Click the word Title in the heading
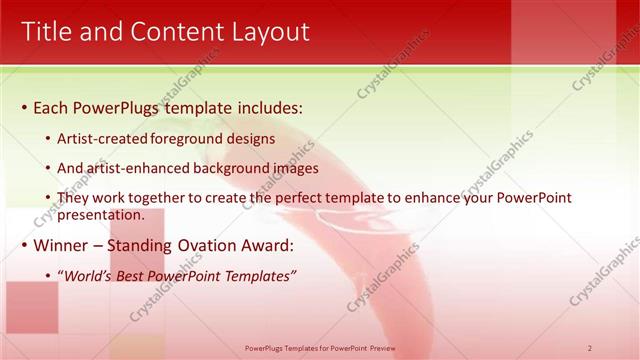point(48,32)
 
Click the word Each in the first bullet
point(52,107)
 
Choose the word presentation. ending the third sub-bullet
point(102,214)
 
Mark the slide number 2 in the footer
point(590,347)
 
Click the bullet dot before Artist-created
point(49,140)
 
